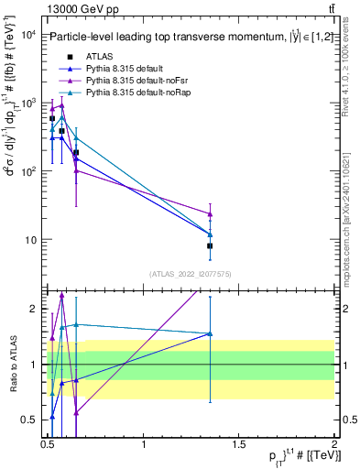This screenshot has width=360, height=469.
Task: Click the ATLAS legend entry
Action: pos(101,57)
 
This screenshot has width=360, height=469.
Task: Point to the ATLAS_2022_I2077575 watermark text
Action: pos(191,274)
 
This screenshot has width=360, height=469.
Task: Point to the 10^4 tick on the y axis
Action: pos(27,35)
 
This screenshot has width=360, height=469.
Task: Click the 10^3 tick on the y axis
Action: pos(27,104)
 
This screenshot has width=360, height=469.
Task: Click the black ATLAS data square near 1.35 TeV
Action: pos(211,245)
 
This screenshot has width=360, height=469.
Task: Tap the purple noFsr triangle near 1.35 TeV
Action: pos(211,214)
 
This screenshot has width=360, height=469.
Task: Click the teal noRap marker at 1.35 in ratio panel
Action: pos(211,333)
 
